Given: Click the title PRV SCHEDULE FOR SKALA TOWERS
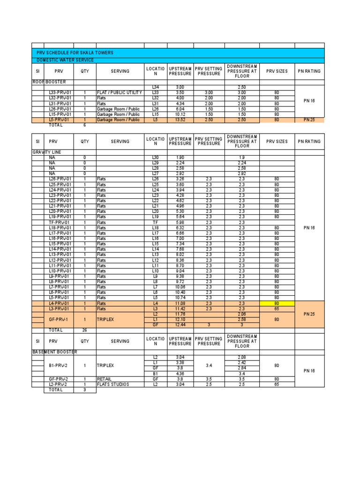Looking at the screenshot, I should tap(75, 53).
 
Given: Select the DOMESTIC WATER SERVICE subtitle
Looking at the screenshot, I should tap(65, 60).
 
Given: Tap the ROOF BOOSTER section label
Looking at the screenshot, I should tap(49, 82).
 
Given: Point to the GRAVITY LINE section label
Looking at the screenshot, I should tap(46, 152).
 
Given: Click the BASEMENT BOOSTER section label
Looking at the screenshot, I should tap(54, 352).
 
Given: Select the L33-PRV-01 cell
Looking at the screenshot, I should tap(60, 93).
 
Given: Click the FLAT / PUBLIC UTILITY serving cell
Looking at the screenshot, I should tap(119, 93).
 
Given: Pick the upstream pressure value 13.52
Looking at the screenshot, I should tap(180, 120).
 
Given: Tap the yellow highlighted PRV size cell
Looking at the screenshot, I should tap(277, 304).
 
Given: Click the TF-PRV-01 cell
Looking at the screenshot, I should tap(60, 222).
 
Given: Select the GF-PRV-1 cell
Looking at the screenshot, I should tap(60, 319).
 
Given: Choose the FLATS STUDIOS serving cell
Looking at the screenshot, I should tap(113, 384).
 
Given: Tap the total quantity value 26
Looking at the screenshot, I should tap(85, 330).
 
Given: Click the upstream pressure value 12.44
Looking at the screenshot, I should tap(180, 325).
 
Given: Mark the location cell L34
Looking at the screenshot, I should tap(156, 88).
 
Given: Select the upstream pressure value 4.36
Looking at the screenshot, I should tap(180, 373).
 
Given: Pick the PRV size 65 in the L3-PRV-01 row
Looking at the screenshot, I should tap(277, 309).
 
